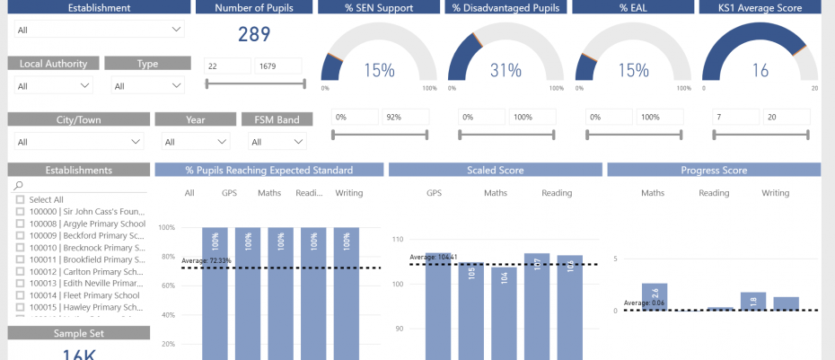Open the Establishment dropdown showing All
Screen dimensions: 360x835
[100, 30]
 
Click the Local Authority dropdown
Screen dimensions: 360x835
[54, 86]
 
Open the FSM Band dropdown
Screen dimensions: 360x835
[277, 142]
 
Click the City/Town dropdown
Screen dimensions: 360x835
[79, 142]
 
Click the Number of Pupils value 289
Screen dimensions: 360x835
[254, 35]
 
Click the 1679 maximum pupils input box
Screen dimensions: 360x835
[278, 66]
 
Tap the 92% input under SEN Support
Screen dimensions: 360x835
[405, 118]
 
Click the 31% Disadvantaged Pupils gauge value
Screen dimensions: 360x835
[505, 70]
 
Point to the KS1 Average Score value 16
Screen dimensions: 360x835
[760, 70]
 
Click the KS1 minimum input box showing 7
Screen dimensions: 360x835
[734, 118]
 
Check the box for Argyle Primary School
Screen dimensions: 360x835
[21, 224]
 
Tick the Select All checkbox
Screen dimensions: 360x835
[21, 200]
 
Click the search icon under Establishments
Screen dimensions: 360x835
[19, 186]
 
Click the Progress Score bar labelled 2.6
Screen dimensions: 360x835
[655, 296]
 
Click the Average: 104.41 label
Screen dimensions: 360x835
[435, 257]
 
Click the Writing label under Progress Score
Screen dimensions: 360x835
[775, 193]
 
